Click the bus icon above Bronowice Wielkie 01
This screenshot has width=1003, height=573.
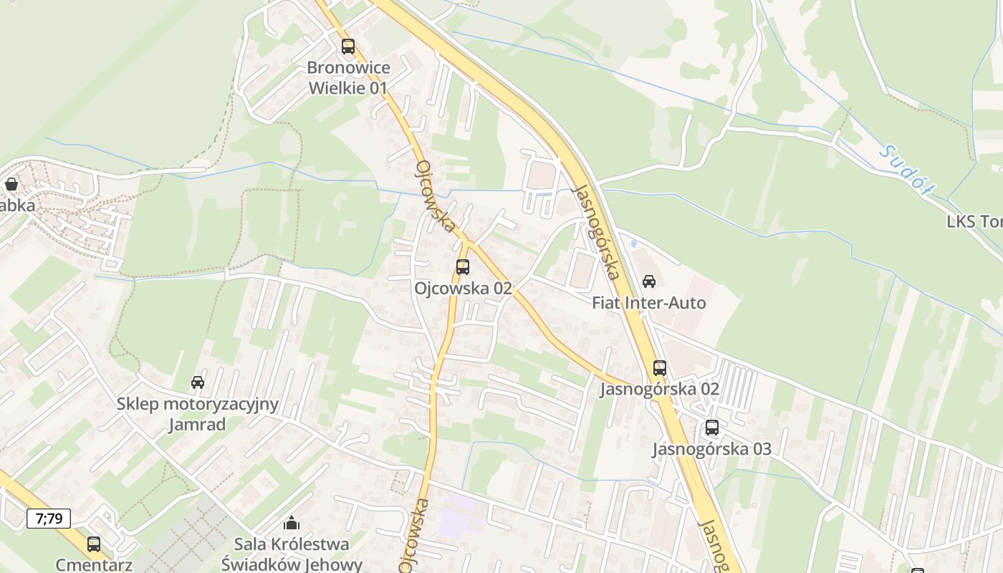click(x=348, y=47)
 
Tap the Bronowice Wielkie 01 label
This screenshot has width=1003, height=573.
click(x=348, y=78)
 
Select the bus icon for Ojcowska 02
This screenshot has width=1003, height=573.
click(x=463, y=267)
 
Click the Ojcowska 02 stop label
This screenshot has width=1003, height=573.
click(x=463, y=288)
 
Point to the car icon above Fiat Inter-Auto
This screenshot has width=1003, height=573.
click(x=649, y=281)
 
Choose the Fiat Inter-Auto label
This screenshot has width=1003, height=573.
click(x=648, y=303)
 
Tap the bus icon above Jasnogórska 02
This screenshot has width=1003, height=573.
click(x=660, y=368)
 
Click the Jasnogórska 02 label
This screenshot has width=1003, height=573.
click(x=659, y=390)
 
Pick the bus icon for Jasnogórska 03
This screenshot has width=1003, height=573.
click(x=711, y=428)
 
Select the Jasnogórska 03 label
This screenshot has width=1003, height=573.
click(x=711, y=449)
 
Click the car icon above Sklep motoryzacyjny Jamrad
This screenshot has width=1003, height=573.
click(x=198, y=382)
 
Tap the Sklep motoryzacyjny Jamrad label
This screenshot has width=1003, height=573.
click(x=198, y=414)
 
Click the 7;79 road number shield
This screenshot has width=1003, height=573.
click(x=49, y=518)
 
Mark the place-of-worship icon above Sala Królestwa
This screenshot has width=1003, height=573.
click(x=292, y=524)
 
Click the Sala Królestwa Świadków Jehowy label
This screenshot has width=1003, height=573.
click(x=292, y=554)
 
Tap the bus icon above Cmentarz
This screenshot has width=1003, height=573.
click(x=94, y=544)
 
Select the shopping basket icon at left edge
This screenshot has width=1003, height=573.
click(x=11, y=184)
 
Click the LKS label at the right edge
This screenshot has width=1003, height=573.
click(x=974, y=221)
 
